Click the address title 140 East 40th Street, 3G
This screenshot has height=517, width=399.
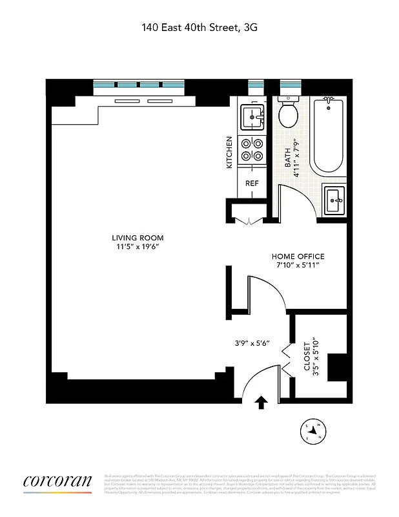[x=199, y=27]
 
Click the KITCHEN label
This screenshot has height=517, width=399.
[x=229, y=153]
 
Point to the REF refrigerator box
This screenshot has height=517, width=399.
[x=252, y=184]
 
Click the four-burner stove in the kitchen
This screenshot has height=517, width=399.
[x=252, y=150]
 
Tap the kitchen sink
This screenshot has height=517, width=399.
[x=252, y=118]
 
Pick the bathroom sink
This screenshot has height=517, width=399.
[x=334, y=200]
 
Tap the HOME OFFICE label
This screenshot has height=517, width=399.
[x=298, y=257]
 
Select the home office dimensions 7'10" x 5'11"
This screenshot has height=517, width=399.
[x=298, y=266]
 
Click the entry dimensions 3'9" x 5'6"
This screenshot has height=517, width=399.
[x=252, y=343]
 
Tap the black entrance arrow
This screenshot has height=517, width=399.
[x=261, y=403]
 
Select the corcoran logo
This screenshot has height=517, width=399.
[x=57, y=481]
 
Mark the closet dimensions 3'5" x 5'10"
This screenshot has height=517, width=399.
[x=316, y=356]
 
